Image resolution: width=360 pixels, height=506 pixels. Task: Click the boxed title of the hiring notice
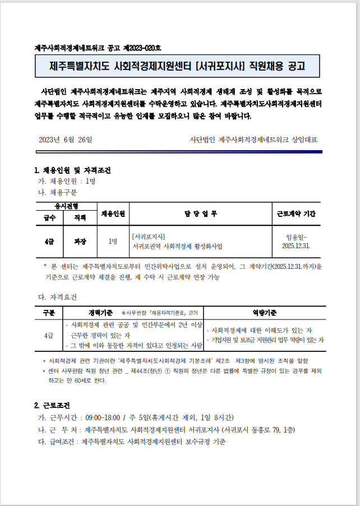click(x=177, y=66)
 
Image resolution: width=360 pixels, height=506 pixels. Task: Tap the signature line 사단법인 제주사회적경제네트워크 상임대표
click(x=257, y=140)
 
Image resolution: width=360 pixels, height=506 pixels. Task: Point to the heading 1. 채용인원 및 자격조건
click(x=72, y=170)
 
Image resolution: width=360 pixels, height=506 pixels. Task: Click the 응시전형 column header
click(x=66, y=206)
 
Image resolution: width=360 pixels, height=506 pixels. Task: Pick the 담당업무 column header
click(x=200, y=213)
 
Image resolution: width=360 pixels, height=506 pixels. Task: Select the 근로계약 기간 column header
click(x=297, y=213)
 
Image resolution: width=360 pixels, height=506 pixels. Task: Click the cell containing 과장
click(x=80, y=241)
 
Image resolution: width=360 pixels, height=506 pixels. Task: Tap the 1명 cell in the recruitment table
click(x=113, y=241)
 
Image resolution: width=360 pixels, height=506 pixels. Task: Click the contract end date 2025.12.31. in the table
click(x=297, y=245)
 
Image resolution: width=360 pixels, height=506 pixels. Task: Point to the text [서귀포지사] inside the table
click(x=148, y=236)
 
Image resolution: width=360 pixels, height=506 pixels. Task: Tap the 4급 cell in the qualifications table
click(x=49, y=335)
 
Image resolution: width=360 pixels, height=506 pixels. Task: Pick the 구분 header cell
click(x=49, y=312)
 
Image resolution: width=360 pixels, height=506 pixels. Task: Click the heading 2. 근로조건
click(x=52, y=405)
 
